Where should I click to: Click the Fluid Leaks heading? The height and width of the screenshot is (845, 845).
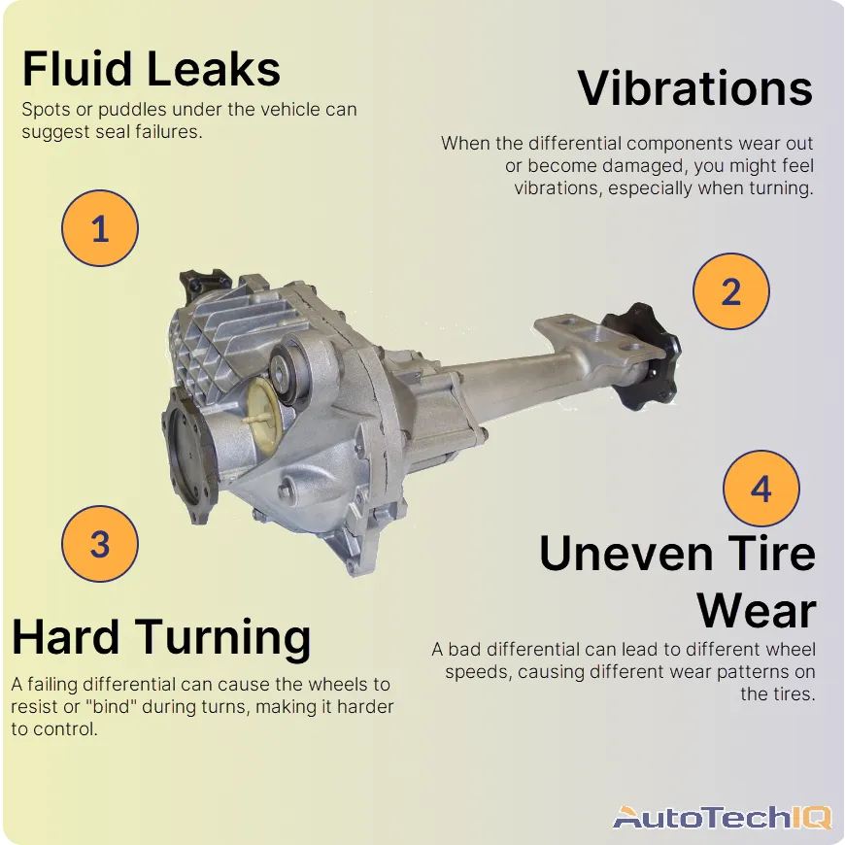[152, 69]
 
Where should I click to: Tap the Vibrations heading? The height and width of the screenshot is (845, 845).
[694, 87]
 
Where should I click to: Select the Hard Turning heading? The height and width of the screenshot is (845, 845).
[161, 638]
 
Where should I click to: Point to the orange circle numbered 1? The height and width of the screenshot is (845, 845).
[100, 230]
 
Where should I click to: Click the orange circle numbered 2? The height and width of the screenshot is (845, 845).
[730, 291]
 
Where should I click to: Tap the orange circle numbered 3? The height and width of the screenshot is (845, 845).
[100, 544]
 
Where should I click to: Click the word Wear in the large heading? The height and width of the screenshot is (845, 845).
[756, 612]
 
